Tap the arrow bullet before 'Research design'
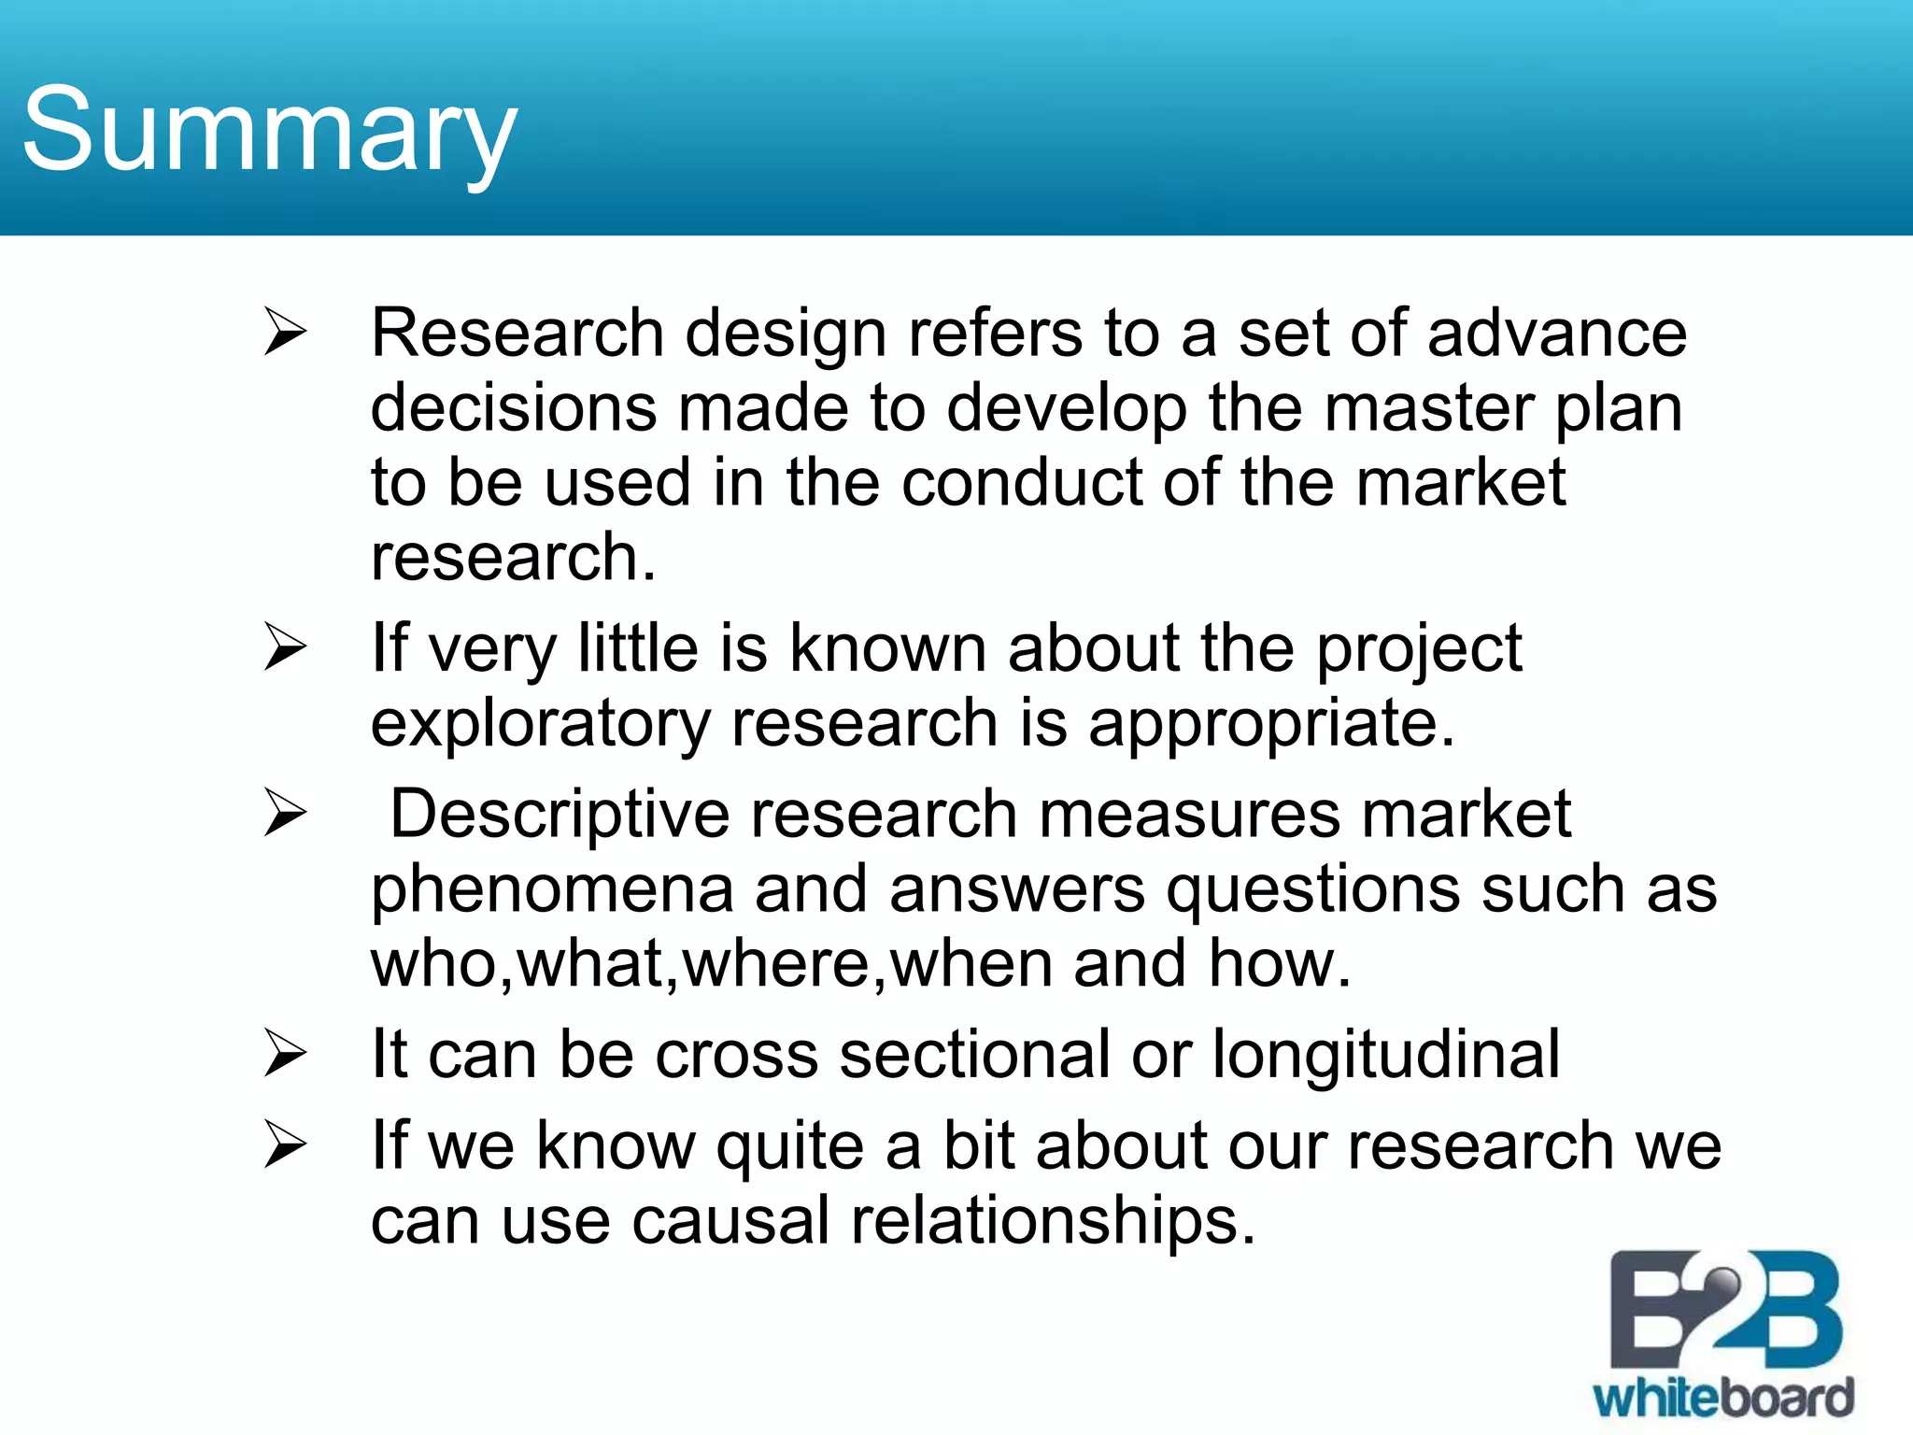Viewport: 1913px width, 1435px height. [x=285, y=333]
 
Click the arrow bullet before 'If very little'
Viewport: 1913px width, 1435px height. [x=285, y=647]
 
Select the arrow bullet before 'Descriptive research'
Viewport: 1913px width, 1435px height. [x=285, y=813]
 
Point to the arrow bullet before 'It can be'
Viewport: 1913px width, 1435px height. [x=285, y=1054]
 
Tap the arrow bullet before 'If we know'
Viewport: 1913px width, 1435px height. [x=285, y=1144]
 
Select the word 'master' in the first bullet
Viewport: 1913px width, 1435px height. [x=1429, y=408]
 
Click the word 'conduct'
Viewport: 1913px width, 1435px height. [x=1022, y=483]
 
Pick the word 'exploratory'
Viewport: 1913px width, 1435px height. [x=540, y=725]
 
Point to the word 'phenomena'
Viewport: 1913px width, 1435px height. [x=552, y=889]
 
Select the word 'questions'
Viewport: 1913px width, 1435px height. [x=1312, y=889]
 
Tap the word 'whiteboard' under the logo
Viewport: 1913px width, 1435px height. [x=1723, y=1399]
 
